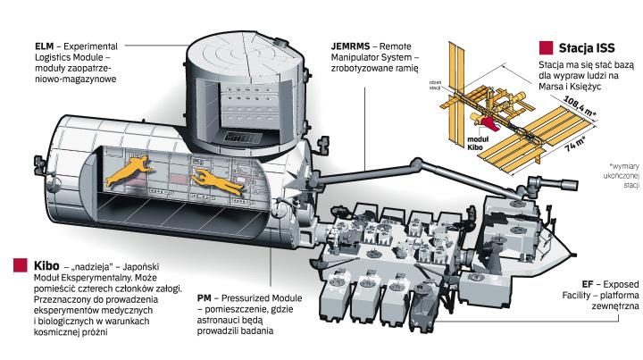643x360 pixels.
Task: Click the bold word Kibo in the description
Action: coord(46,265)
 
